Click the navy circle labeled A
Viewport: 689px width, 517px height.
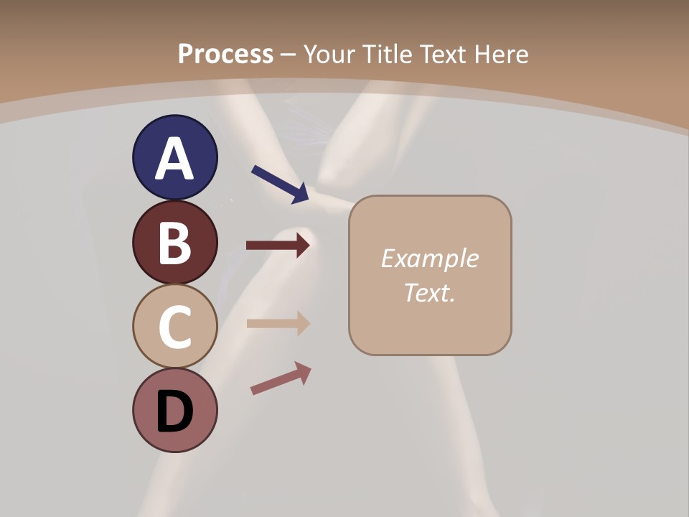(x=174, y=157)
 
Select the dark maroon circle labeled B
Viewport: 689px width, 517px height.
(x=174, y=242)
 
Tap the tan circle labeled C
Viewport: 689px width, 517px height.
(x=174, y=326)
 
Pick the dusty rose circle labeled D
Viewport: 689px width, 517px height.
(x=174, y=410)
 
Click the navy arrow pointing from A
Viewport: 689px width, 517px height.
(x=281, y=184)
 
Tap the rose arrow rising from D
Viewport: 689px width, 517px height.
(x=281, y=378)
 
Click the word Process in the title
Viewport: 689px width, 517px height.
(x=225, y=54)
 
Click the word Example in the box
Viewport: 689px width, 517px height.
(x=429, y=258)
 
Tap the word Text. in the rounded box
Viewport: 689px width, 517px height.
(x=429, y=292)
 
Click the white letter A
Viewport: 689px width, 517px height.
(x=174, y=159)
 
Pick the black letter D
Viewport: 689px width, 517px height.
(x=174, y=411)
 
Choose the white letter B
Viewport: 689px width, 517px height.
(x=174, y=243)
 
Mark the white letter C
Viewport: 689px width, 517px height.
(x=174, y=327)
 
